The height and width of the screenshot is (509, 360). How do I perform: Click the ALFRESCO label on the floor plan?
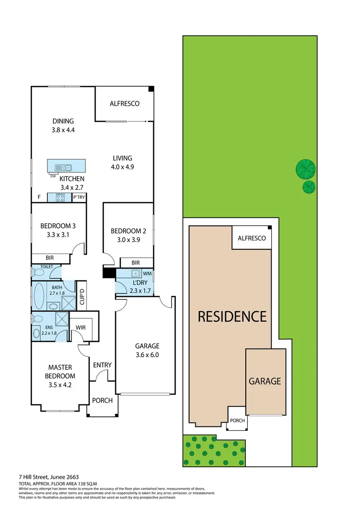click(124, 103)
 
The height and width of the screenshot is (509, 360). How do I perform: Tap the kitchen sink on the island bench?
click(63, 168)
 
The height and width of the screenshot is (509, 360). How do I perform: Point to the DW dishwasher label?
click(53, 176)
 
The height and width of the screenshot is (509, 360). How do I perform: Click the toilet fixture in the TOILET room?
click(38, 272)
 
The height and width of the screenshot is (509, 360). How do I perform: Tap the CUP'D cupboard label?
click(82, 297)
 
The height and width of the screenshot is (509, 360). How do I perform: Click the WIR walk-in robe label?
click(80, 328)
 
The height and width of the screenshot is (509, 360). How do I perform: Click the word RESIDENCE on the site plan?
click(232, 316)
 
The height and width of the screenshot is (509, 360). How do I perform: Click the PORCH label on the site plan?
click(237, 420)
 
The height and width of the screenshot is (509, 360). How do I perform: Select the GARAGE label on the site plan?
click(264, 381)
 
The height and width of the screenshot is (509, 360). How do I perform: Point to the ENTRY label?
click(102, 365)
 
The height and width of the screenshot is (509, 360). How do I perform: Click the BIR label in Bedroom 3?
click(50, 258)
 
